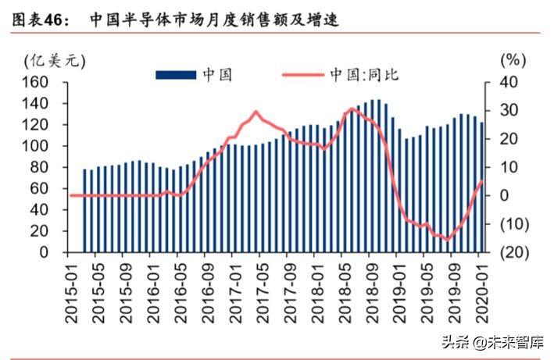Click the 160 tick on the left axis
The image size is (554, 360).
pyautogui.click(x=38, y=82)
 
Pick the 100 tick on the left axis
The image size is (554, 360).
pyautogui.click(x=38, y=146)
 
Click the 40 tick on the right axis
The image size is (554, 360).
pyautogui.click(x=508, y=82)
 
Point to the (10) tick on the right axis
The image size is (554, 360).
pyautogui.click(x=511, y=224)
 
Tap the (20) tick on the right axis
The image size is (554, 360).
pyautogui.click(x=511, y=252)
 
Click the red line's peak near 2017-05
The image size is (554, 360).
pyautogui.click(x=256, y=112)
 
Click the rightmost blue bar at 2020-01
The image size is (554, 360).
pyautogui.click(x=481, y=187)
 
